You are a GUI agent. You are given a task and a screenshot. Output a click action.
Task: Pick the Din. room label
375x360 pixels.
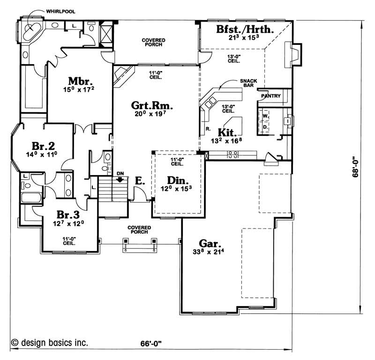point(178,180)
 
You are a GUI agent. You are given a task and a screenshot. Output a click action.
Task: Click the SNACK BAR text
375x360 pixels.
point(248,83)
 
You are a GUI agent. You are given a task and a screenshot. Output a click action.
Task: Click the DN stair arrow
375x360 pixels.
point(120,178)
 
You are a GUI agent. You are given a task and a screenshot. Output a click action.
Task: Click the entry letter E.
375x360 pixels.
point(139,180)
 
